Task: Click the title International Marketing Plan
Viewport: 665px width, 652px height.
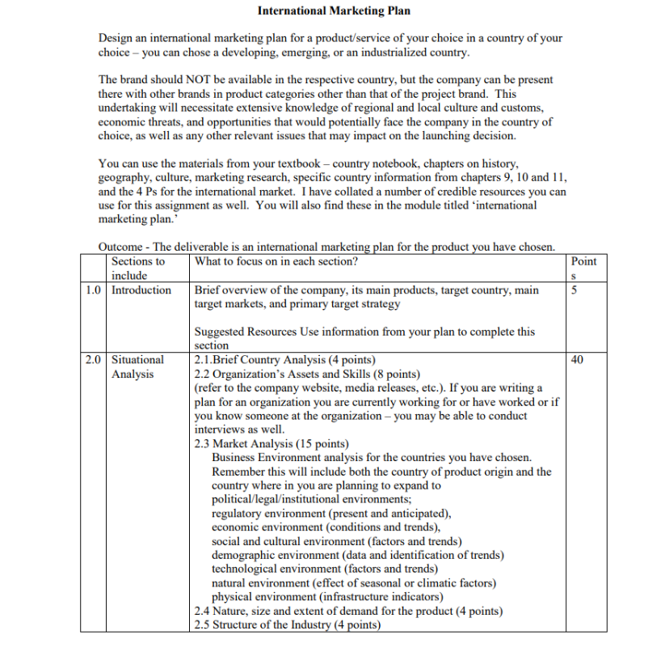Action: click(x=334, y=11)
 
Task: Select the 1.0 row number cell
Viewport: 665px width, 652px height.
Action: click(x=94, y=290)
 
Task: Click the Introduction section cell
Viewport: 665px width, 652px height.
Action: click(x=141, y=290)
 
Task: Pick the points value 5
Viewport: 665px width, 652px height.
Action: click(x=574, y=290)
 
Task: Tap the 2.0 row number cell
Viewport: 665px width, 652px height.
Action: click(x=94, y=359)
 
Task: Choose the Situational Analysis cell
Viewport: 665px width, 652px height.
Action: click(x=137, y=366)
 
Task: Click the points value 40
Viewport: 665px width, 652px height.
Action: click(x=577, y=359)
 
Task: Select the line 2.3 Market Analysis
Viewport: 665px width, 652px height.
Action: click(x=271, y=443)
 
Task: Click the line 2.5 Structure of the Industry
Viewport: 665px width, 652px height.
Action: click(x=288, y=624)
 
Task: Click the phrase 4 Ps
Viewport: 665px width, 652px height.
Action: click(x=164, y=192)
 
